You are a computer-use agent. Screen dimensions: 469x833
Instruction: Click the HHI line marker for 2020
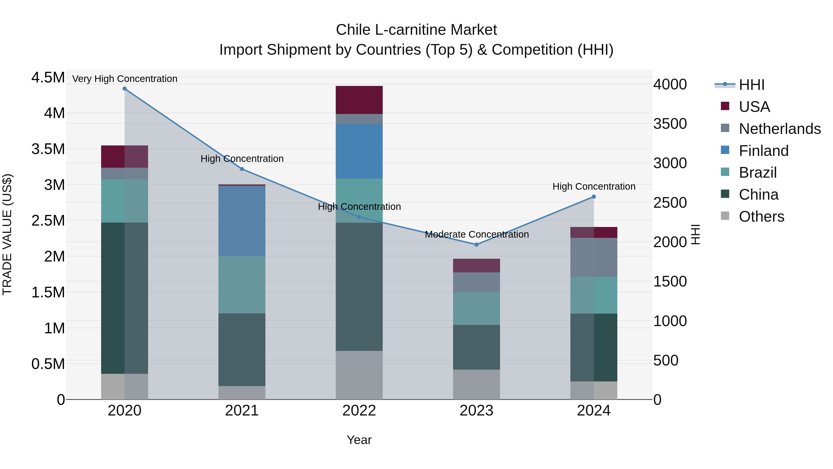click(x=124, y=89)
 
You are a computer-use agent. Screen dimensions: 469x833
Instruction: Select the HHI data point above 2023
click(x=476, y=245)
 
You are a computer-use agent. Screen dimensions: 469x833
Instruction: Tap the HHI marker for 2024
click(x=594, y=197)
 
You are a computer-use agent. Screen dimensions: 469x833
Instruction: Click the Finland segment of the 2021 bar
click(x=242, y=221)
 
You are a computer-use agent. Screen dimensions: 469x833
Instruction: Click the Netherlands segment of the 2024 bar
click(x=594, y=257)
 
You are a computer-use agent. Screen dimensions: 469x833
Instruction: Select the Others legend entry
click(x=761, y=217)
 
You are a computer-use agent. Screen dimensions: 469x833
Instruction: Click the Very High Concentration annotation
click(x=124, y=79)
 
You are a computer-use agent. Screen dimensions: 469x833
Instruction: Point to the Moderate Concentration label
click(x=477, y=234)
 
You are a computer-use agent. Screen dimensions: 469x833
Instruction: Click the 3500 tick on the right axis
click(x=670, y=124)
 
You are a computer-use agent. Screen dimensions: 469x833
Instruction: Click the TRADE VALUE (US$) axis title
click(x=7, y=235)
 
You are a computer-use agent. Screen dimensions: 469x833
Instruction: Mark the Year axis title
click(x=359, y=440)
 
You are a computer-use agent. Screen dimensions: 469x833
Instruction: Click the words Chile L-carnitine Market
click(x=416, y=30)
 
